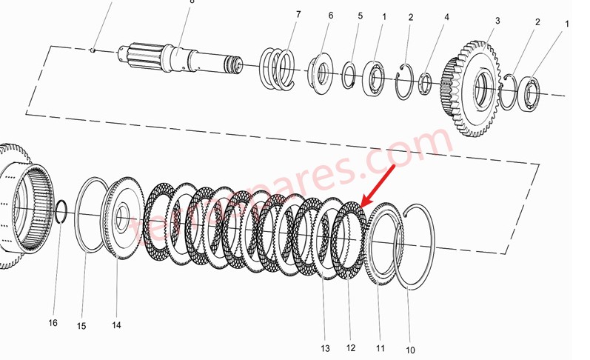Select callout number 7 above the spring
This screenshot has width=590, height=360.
298,15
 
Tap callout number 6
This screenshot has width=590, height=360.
330,16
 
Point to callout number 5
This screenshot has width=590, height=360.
360,16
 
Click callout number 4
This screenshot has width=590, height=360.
446,17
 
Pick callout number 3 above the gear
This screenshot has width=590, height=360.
497,21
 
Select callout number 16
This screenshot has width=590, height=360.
53,322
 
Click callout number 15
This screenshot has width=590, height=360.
81,326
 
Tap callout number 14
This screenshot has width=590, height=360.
116,325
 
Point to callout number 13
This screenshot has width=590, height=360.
324,349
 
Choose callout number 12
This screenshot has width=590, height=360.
351,348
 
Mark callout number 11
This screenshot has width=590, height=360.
380,348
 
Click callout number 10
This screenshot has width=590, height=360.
410,350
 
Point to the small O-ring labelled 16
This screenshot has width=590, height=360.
62,212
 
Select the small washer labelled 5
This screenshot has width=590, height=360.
350,76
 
